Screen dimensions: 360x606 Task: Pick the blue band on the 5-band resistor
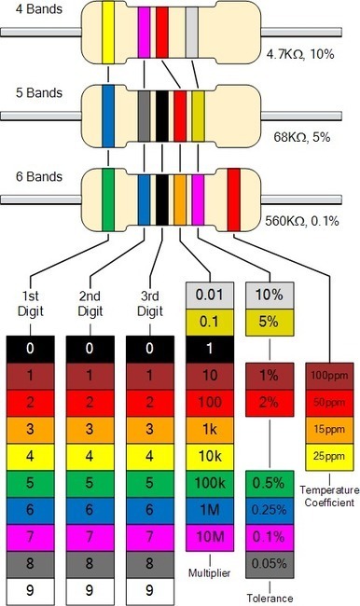pos(109,117)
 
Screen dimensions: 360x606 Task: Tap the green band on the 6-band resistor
pos(109,198)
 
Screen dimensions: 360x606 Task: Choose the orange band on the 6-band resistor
pos(180,198)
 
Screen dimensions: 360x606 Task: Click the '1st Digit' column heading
pos(32,304)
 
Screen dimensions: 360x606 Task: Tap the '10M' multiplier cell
pos(211,539)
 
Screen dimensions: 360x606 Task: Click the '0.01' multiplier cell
pos(211,296)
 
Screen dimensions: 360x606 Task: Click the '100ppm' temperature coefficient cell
pos(329,377)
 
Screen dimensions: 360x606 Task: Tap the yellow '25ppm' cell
pos(329,458)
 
